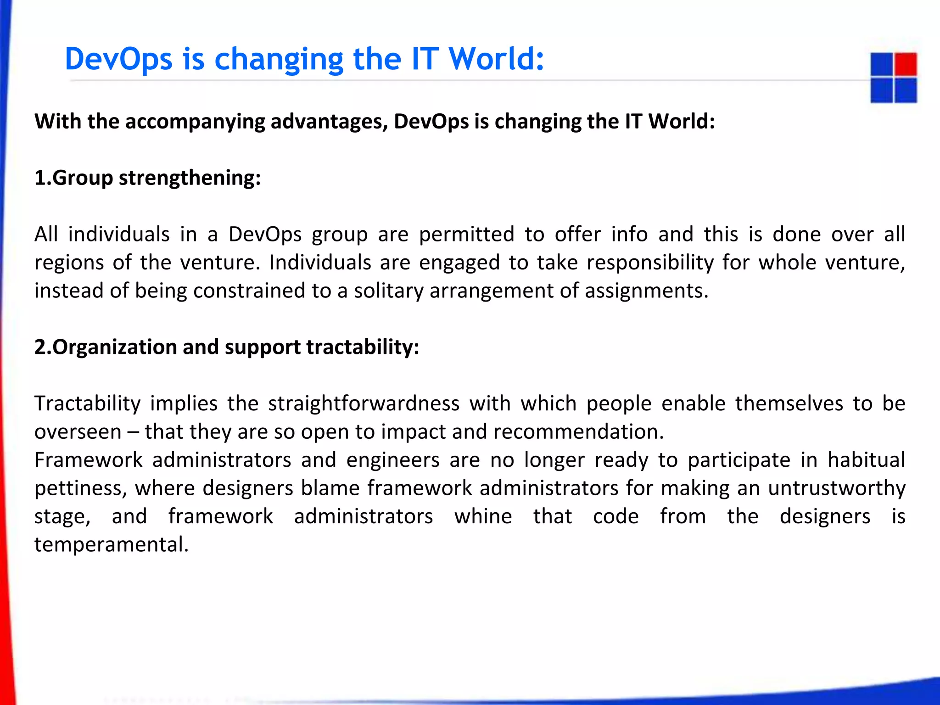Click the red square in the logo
click(906, 64)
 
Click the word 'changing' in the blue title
click(279, 60)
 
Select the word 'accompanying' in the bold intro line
click(195, 122)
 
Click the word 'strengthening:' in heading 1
click(190, 178)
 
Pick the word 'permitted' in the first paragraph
click(466, 234)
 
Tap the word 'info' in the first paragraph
click(629, 234)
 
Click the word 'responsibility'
click(650, 263)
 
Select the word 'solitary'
click(388, 291)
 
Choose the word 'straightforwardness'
click(364, 403)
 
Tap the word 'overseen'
click(78, 432)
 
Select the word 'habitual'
click(866, 460)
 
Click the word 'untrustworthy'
click(836, 488)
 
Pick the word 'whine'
click(483, 516)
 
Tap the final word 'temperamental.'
click(112, 545)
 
